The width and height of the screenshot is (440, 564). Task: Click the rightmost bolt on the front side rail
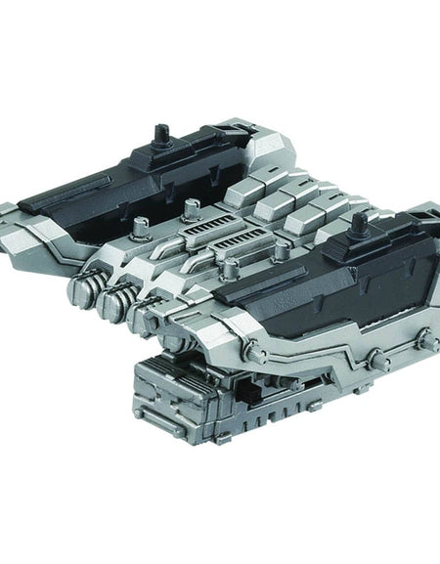pyautogui.click(x=424, y=339)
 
